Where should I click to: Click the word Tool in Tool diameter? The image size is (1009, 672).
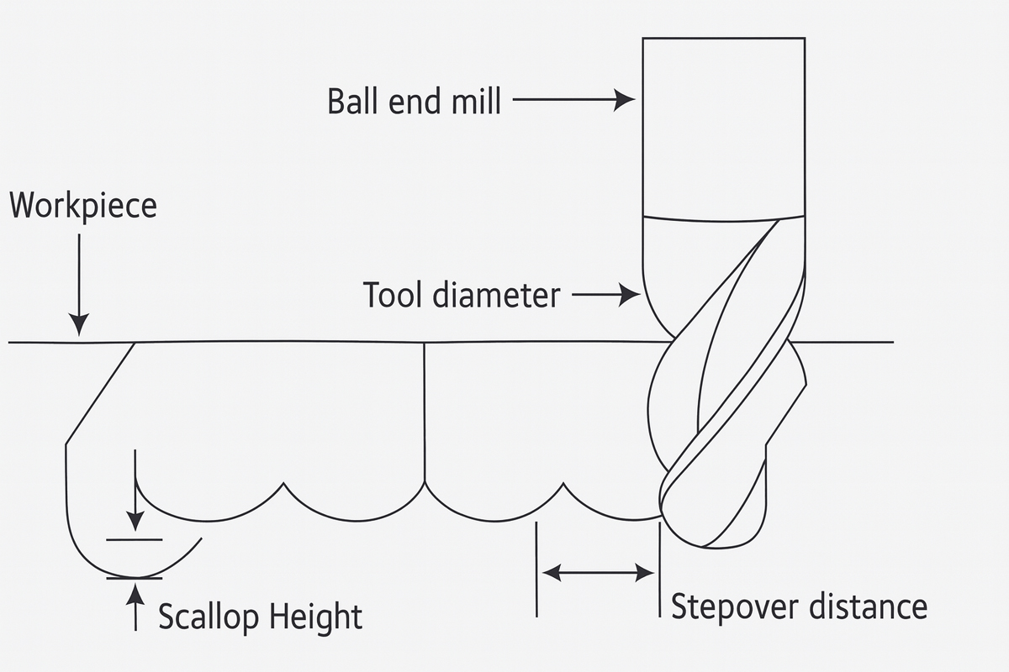392,295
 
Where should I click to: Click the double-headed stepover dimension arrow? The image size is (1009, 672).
598,574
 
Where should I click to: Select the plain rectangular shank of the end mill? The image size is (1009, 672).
725,126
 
